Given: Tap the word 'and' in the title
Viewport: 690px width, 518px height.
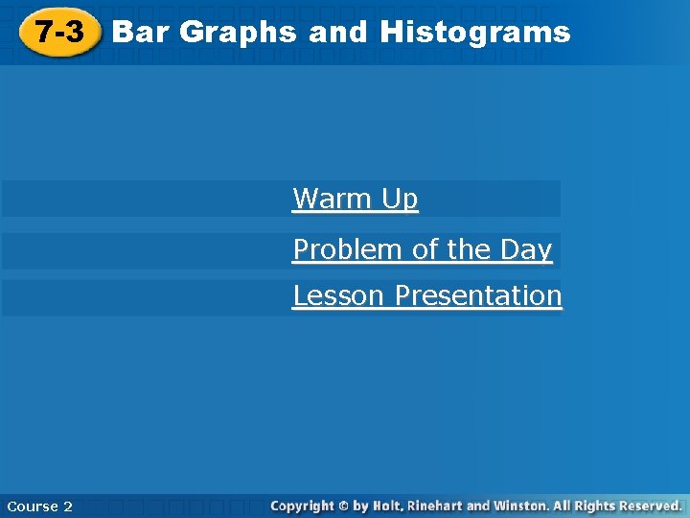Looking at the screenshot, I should [x=337, y=33].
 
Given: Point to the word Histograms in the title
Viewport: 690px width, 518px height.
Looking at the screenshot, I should [x=474, y=33].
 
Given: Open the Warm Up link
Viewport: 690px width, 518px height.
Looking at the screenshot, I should [x=356, y=199].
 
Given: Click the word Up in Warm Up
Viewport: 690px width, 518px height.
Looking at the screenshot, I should [x=400, y=199].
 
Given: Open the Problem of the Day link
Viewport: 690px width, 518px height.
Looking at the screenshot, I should [x=423, y=249].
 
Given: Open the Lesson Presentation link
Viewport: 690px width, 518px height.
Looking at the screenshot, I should [x=427, y=295].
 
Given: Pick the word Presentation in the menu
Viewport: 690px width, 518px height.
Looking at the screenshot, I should [x=478, y=295].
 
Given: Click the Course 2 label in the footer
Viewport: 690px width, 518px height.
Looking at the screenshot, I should [x=39, y=506].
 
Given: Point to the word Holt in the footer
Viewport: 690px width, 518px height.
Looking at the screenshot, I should [x=391, y=505].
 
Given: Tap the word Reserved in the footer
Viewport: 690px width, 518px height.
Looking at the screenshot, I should [x=649, y=505].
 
